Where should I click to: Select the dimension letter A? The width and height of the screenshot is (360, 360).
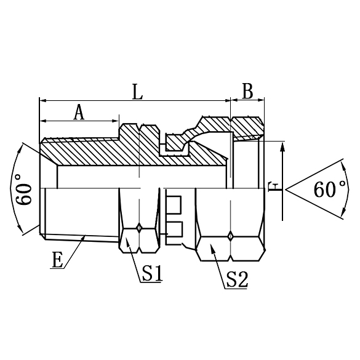coord(78,112)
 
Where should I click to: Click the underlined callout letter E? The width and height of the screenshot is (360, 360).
coord(57,260)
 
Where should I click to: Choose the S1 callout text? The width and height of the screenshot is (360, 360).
coord(151,273)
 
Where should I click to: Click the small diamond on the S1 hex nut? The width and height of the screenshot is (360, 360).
coord(140,228)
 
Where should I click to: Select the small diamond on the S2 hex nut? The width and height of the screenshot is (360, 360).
coord(230,234)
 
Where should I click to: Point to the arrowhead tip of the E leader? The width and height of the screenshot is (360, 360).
coord(85,236)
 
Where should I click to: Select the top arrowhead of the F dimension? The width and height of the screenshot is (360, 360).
coord(283,142)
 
